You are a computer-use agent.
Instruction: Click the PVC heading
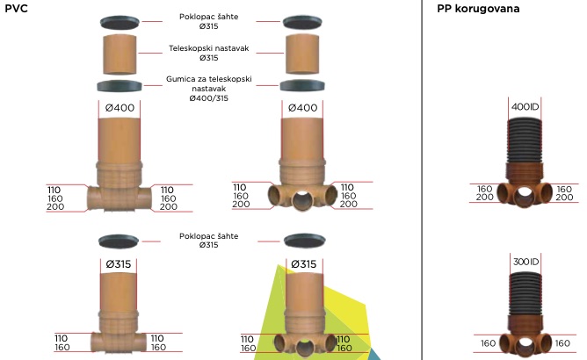pos(17,8)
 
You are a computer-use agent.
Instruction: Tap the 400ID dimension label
pos(525,107)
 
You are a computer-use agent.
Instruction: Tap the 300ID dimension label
pos(525,262)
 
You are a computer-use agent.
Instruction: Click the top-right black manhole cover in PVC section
pos(304,21)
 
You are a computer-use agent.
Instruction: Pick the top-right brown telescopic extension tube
pos(304,54)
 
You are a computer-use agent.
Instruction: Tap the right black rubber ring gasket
pos(304,86)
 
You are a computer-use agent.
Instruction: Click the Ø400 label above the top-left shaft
pos(120,108)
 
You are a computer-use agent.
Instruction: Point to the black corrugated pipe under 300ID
pos(525,289)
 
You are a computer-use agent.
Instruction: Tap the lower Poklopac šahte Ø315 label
pos(208,240)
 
